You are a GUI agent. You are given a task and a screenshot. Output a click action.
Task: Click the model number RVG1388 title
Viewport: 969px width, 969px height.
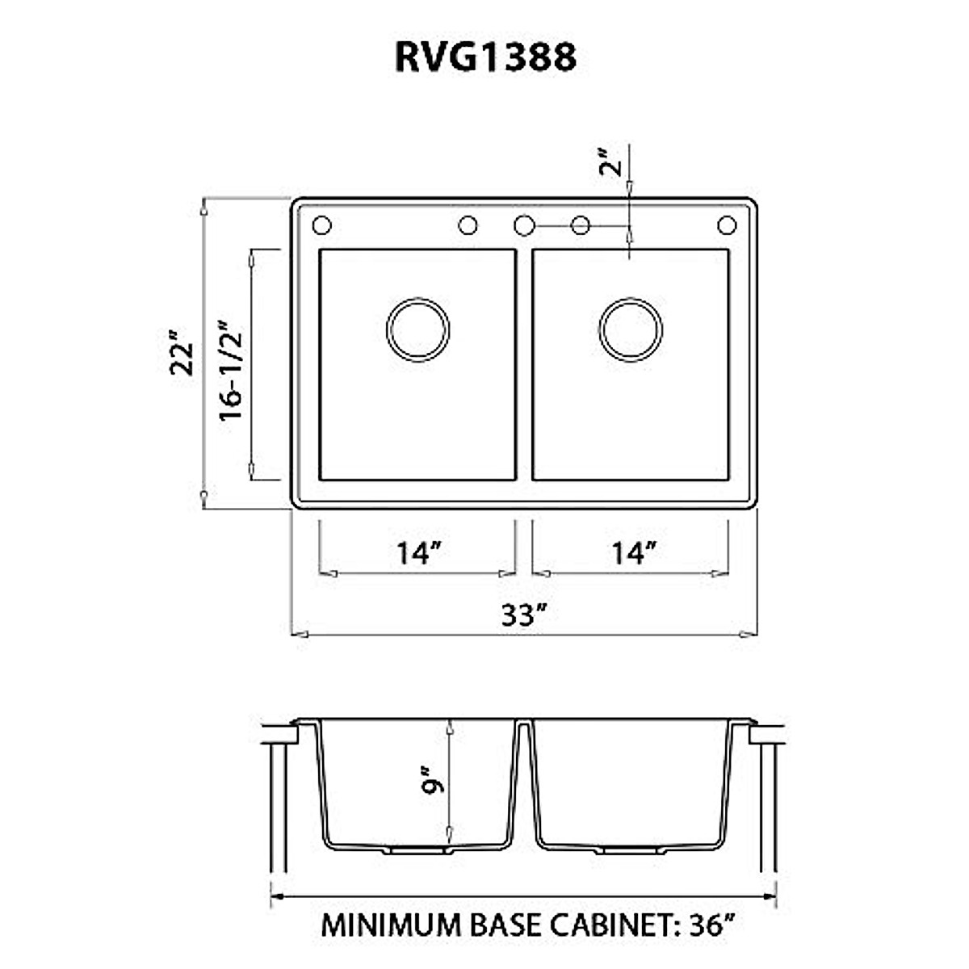pos(485,57)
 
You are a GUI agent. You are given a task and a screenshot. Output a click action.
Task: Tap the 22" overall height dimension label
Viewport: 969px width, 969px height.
pos(184,352)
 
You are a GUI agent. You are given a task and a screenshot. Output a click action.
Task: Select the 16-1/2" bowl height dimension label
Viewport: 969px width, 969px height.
pos(230,371)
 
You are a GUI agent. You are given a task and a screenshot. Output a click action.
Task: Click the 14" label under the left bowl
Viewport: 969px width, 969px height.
pos(418,554)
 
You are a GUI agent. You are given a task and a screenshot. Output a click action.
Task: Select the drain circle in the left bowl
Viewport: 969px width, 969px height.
pos(417,329)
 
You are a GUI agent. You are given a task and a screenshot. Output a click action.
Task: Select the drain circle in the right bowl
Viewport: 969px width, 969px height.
pos(631,329)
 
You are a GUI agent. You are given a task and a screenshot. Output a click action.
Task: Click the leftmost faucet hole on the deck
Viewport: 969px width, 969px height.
pos(322,225)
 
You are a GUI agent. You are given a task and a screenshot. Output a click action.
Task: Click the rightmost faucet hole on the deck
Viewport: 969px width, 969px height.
pos(727,225)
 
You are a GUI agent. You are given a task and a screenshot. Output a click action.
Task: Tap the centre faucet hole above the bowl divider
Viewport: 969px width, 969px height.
pos(523,225)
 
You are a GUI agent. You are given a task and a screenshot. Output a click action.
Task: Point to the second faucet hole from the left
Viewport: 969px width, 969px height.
pos(468,225)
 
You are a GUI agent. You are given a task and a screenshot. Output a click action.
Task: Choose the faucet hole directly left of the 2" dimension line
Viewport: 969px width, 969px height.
pos(580,225)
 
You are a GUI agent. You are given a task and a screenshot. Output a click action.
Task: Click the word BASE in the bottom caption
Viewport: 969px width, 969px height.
pos(506,925)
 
